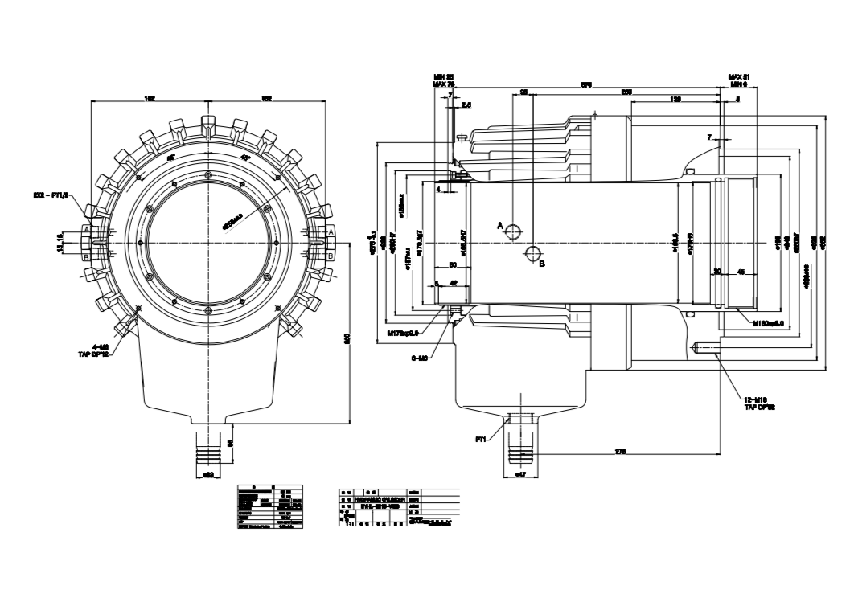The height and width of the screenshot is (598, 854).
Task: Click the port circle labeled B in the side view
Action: tap(532, 255)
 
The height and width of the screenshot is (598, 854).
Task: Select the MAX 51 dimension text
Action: tap(738, 76)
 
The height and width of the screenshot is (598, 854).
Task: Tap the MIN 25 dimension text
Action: tap(443, 76)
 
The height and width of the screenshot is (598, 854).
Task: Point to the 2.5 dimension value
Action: tap(466, 104)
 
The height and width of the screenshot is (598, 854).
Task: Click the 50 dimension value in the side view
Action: tap(452, 264)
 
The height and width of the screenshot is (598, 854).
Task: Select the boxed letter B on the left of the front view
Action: tap(85, 257)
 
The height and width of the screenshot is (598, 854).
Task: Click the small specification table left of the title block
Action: tap(270, 506)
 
